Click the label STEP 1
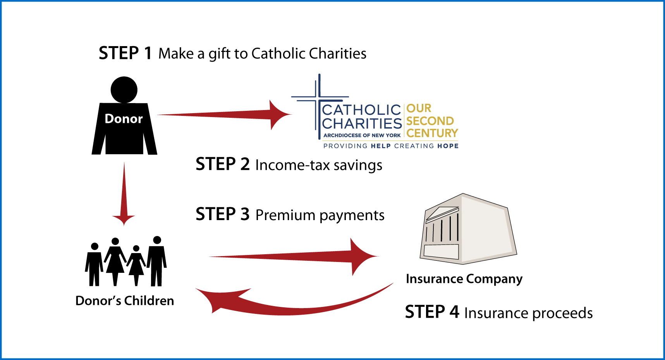pos(125,53)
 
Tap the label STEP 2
pos(223,164)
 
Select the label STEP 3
pos(223,214)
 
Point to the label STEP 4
pos(432,312)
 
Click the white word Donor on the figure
pos(124,119)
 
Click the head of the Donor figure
pos(124,90)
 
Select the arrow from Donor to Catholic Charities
pos(224,115)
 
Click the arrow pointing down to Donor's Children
pos(124,194)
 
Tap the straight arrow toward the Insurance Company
pos(294,257)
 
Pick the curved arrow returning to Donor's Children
pos(294,300)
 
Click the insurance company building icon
pos(468,229)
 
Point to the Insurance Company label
pos(464,279)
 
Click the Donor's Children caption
pos(125,301)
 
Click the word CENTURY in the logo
pos(432,133)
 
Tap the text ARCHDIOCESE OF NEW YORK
pos(362,135)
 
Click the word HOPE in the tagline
pos(448,146)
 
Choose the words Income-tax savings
pos(319,165)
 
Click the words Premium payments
pos(320,215)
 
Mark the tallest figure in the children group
pos(157,261)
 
